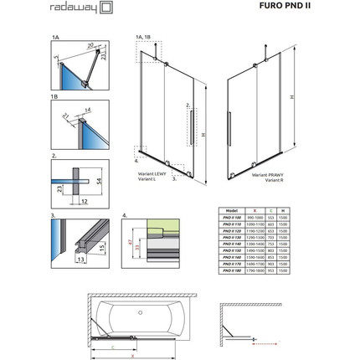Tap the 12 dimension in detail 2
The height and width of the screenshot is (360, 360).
pyautogui.click(x=85, y=202)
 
